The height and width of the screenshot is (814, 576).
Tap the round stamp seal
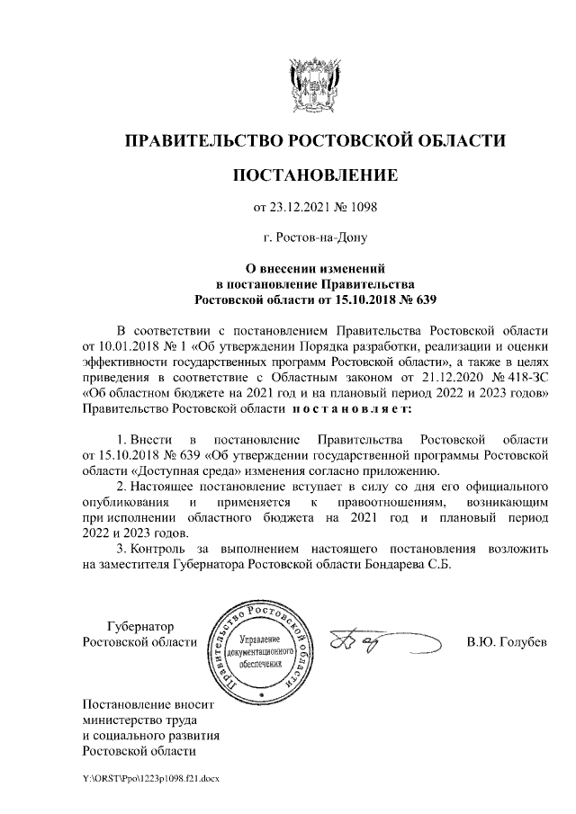(261, 652)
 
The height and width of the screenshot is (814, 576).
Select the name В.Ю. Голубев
(506, 642)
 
